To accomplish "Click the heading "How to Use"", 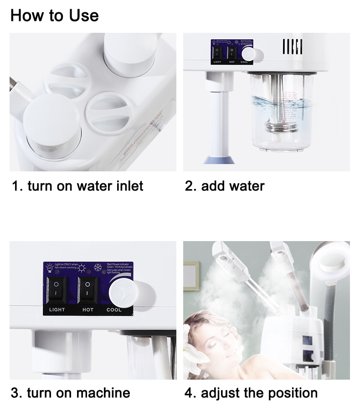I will coord(54,15).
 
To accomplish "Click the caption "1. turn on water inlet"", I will coord(77,186).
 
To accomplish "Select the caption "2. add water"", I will coord(225,186).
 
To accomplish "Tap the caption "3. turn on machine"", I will coord(71,393).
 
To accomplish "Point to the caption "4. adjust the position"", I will coord(251,393).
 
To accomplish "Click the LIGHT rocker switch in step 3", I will coord(57,290).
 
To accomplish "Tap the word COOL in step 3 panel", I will coord(114,310).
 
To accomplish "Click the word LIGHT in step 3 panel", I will coord(57,310).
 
